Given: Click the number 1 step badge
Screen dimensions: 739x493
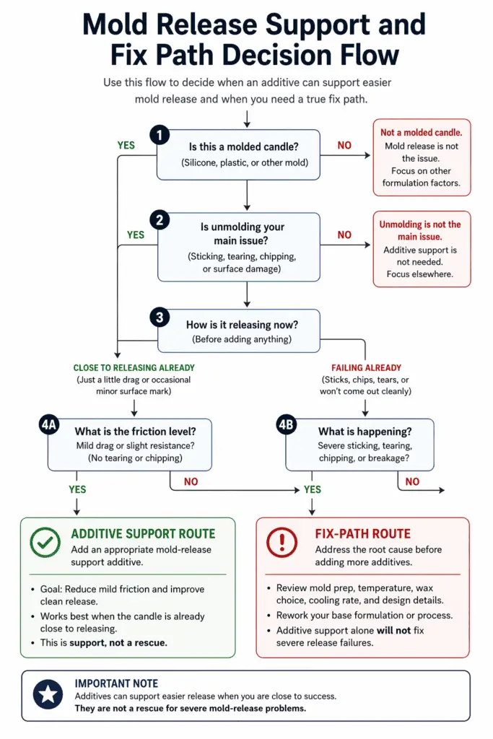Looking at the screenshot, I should click(x=160, y=135).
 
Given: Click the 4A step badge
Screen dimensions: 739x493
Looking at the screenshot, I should click(x=49, y=425).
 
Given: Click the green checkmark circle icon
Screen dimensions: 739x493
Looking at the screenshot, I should click(x=45, y=541).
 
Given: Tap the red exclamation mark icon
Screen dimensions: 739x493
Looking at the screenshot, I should click(x=282, y=541).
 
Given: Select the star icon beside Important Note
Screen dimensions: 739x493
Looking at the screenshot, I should click(x=47, y=694).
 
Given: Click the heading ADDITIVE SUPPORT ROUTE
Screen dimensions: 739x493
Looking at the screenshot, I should click(x=143, y=534).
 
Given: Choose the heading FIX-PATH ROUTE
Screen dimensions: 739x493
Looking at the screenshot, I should click(x=362, y=534).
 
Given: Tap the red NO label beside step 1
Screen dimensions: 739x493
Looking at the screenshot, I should click(x=344, y=145).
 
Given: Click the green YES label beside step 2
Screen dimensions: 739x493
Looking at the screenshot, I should click(x=136, y=235).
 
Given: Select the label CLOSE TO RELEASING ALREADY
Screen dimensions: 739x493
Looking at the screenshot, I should click(x=134, y=367).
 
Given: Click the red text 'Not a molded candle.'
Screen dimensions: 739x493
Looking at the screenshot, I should click(x=422, y=133).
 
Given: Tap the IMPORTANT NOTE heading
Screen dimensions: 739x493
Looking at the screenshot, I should click(x=115, y=683).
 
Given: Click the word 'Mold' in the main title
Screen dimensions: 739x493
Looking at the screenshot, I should click(x=120, y=25).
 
